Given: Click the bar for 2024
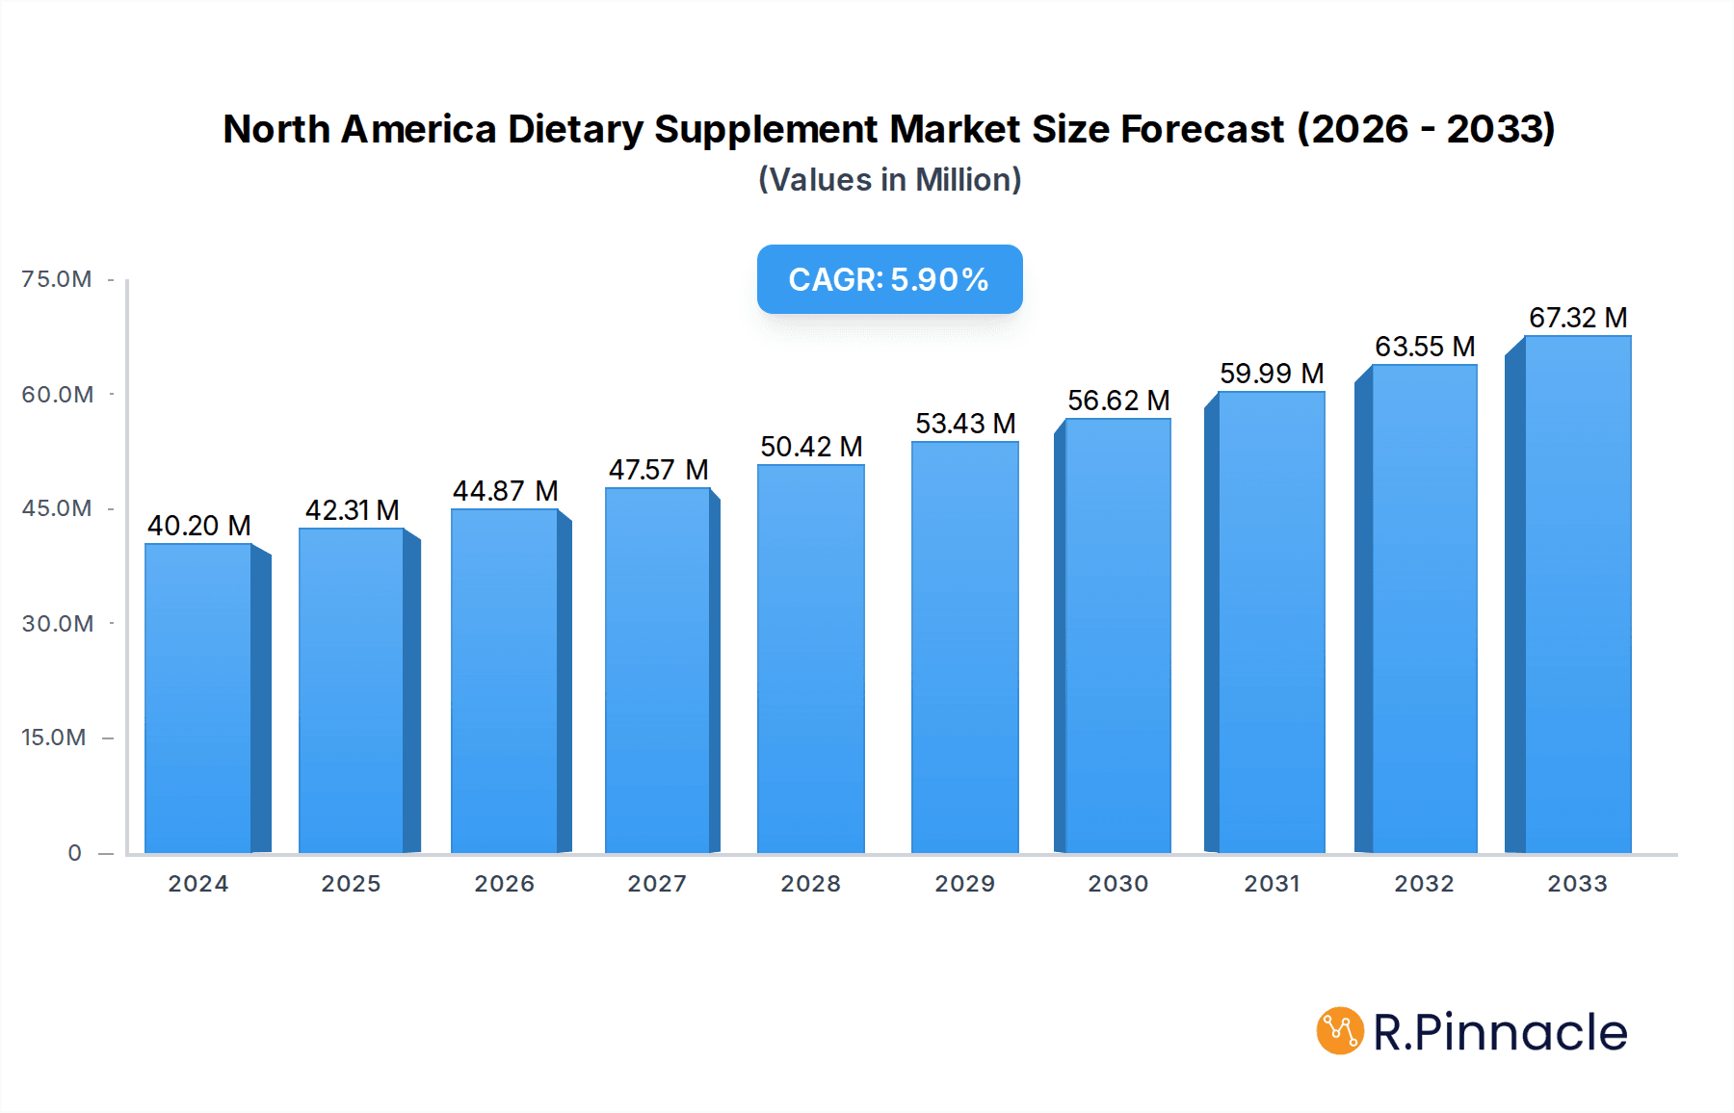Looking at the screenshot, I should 198,698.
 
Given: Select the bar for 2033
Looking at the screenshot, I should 1577,595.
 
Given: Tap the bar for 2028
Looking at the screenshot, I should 810,660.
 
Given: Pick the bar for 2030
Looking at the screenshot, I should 1117,635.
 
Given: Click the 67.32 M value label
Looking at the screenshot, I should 1577,318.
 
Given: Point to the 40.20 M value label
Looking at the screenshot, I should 198,526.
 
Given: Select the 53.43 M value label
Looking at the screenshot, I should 965,424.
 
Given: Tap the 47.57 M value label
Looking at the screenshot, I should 658,470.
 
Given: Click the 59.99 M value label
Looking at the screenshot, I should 1271,374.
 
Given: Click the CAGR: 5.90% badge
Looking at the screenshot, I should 889,279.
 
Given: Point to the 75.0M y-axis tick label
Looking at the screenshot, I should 57,279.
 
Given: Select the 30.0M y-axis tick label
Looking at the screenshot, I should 57,624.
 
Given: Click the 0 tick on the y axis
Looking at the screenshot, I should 74,853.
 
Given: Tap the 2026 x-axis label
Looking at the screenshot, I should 504,884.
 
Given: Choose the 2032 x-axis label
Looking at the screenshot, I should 1424,884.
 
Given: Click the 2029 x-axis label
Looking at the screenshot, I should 964,884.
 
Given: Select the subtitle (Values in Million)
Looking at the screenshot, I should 889,180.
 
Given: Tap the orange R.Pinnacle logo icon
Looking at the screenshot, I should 1339,1031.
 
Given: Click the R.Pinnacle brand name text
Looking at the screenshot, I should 1500,1032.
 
